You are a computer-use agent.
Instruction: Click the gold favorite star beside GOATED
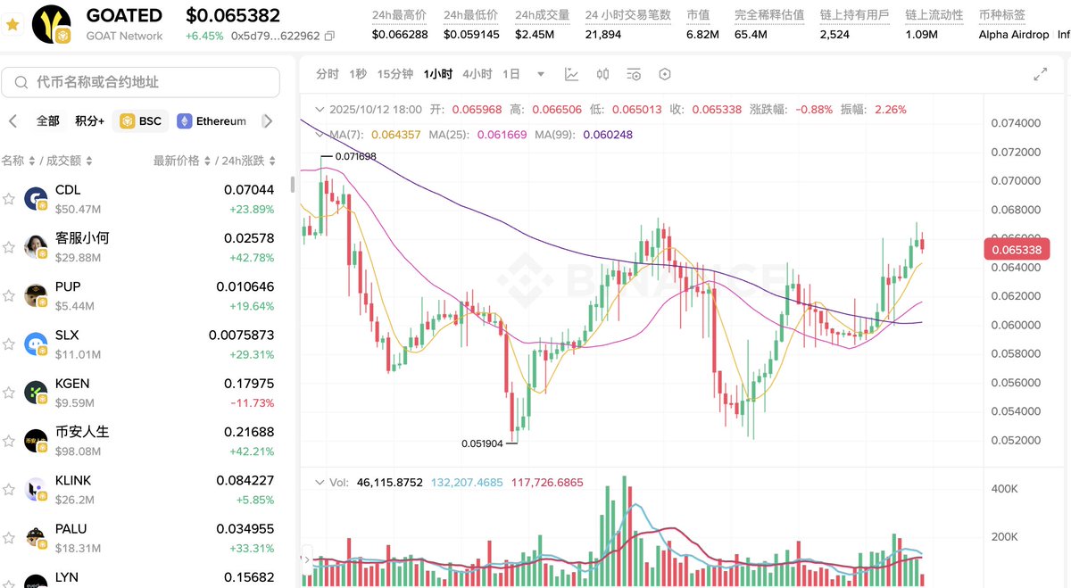[x=12, y=25]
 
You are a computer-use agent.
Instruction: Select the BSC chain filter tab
[x=140, y=121]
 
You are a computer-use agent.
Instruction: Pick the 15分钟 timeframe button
[x=394, y=74]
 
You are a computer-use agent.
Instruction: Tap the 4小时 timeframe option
[x=477, y=74]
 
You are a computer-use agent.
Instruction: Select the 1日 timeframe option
[x=511, y=74]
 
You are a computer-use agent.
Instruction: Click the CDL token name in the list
[x=68, y=190]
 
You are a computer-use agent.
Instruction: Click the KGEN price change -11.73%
[x=251, y=403]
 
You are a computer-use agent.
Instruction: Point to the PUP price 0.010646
[x=245, y=286]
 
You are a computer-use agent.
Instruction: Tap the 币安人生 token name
[x=82, y=432]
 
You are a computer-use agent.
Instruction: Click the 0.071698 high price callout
[x=355, y=156]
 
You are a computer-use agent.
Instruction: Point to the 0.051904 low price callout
[x=482, y=443]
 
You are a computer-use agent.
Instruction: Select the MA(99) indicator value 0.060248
[x=607, y=135]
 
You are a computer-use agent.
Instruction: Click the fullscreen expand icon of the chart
[x=1040, y=74]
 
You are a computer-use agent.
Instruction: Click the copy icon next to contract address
[x=330, y=37]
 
